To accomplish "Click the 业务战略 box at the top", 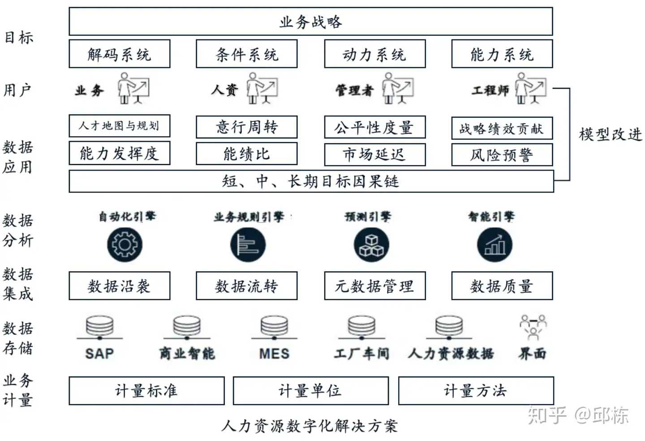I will click(x=310, y=21).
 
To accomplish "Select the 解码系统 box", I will click(x=119, y=54).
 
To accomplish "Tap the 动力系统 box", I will click(x=374, y=54).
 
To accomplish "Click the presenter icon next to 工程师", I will click(x=531, y=89).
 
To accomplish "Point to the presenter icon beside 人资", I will click(x=262, y=89).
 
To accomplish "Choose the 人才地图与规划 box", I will click(x=119, y=126).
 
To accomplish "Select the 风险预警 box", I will click(x=502, y=155).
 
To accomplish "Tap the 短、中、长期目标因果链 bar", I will click(x=311, y=181).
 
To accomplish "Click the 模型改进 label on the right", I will click(x=610, y=134).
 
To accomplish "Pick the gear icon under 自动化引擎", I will click(x=125, y=244).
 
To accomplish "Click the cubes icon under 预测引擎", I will click(x=371, y=245).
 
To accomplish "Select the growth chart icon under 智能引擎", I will click(x=494, y=245).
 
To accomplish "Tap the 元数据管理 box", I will click(x=374, y=286).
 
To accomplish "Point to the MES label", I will click(x=274, y=354).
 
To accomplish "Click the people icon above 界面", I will click(x=533, y=327).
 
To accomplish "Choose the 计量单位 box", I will click(x=310, y=391).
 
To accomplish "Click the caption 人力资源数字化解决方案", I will click(x=310, y=425).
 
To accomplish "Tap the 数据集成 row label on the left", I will click(x=18, y=284).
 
